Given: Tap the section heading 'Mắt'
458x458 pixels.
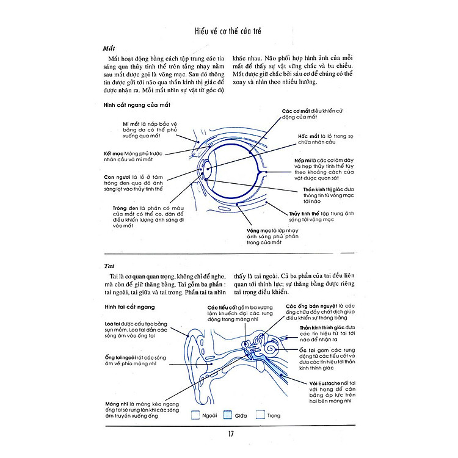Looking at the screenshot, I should pyautogui.click(x=109, y=48).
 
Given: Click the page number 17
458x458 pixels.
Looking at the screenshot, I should pyautogui.click(x=229, y=434).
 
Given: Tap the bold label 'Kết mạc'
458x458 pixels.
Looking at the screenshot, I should pyautogui.click(x=115, y=153).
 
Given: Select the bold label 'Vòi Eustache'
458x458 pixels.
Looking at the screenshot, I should pyautogui.click(x=323, y=382).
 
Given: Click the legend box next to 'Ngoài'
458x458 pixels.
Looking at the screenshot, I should pyautogui.click(x=196, y=415).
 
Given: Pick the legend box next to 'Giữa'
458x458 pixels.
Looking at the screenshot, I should pyautogui.click(x=228, y=415).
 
